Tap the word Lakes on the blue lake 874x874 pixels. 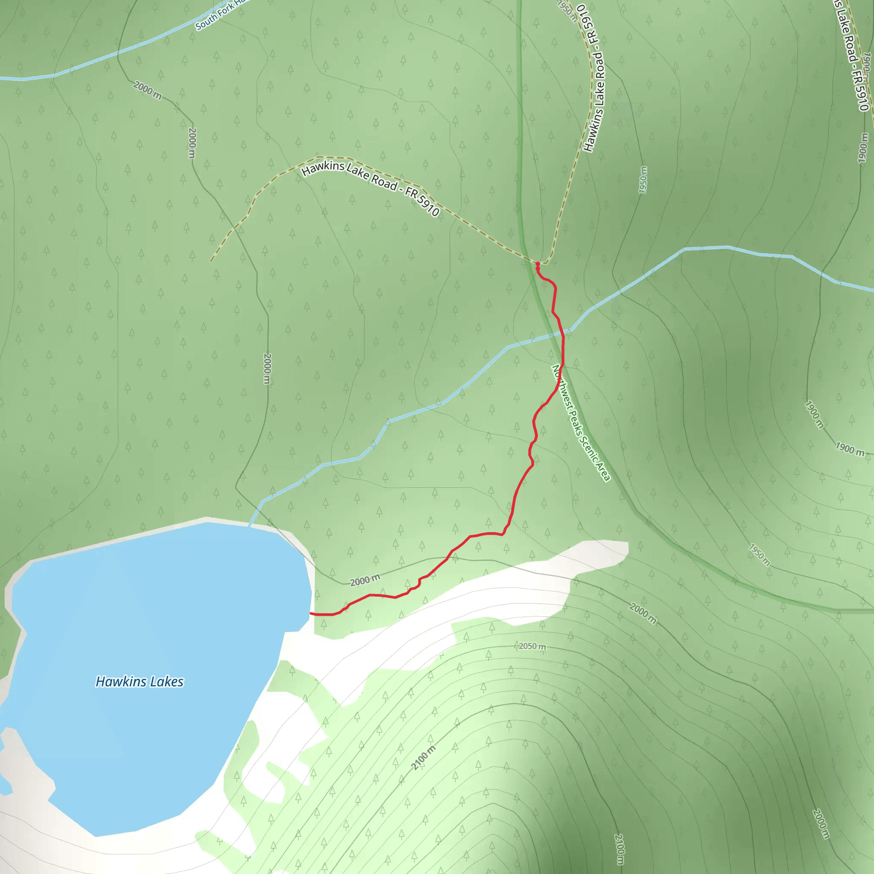coord(167,682)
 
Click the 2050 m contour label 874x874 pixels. coord(532,647)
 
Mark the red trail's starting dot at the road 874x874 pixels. coord(537,263)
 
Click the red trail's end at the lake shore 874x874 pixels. coord(311,614)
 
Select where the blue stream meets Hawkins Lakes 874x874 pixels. coord(249,526)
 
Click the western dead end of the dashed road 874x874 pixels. coord(211,261)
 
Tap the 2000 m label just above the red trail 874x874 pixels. coord(364,580)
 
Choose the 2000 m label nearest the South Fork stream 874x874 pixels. coord(148,90)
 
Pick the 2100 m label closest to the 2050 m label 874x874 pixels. coord(423,758)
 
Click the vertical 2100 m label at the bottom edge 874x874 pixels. coord(619,849)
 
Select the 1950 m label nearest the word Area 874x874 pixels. coord(759,555)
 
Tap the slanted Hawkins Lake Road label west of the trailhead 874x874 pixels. coord(370,189)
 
